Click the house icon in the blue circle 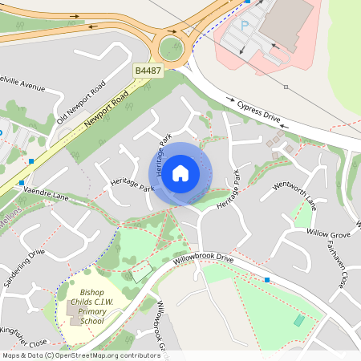click(x=180, y=172)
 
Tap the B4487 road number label click(x=148, y=71)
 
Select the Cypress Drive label click(x=259, y=112)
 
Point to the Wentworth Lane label click(x=295, y=195)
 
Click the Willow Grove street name click(x=328, y=235)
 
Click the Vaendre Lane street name click(x=48, y=196)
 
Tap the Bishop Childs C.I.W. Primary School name click(x=92, y=306)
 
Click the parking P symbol click(x=245, y=26)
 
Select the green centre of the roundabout click(x=171, y=49)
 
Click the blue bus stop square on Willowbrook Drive click(x=267, y=279)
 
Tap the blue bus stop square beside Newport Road click(x=30, y=161)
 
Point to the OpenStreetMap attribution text click(x=80, y=355)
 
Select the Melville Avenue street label click(x=24, y=83)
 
